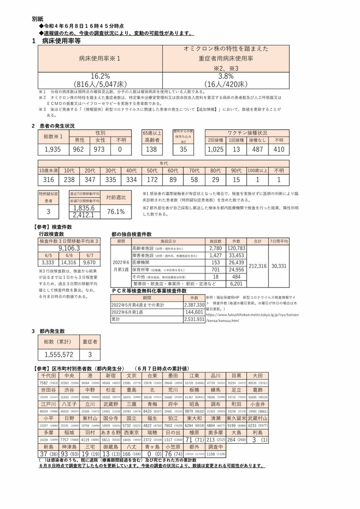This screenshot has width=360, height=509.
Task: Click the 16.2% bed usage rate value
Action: (100, 76)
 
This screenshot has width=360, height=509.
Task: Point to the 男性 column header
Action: (80, 140)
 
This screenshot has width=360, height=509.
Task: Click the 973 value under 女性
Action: (100, 149)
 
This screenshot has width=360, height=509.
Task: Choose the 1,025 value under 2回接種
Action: (216, 149)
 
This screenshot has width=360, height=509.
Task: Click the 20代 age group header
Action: (90, 171)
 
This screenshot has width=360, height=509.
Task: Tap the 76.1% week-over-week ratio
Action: (115, 211)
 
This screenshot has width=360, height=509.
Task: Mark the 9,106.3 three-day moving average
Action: (70, 248)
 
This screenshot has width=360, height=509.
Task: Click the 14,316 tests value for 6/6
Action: (70, 263)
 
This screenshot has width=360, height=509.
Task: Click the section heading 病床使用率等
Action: (61, 41)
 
